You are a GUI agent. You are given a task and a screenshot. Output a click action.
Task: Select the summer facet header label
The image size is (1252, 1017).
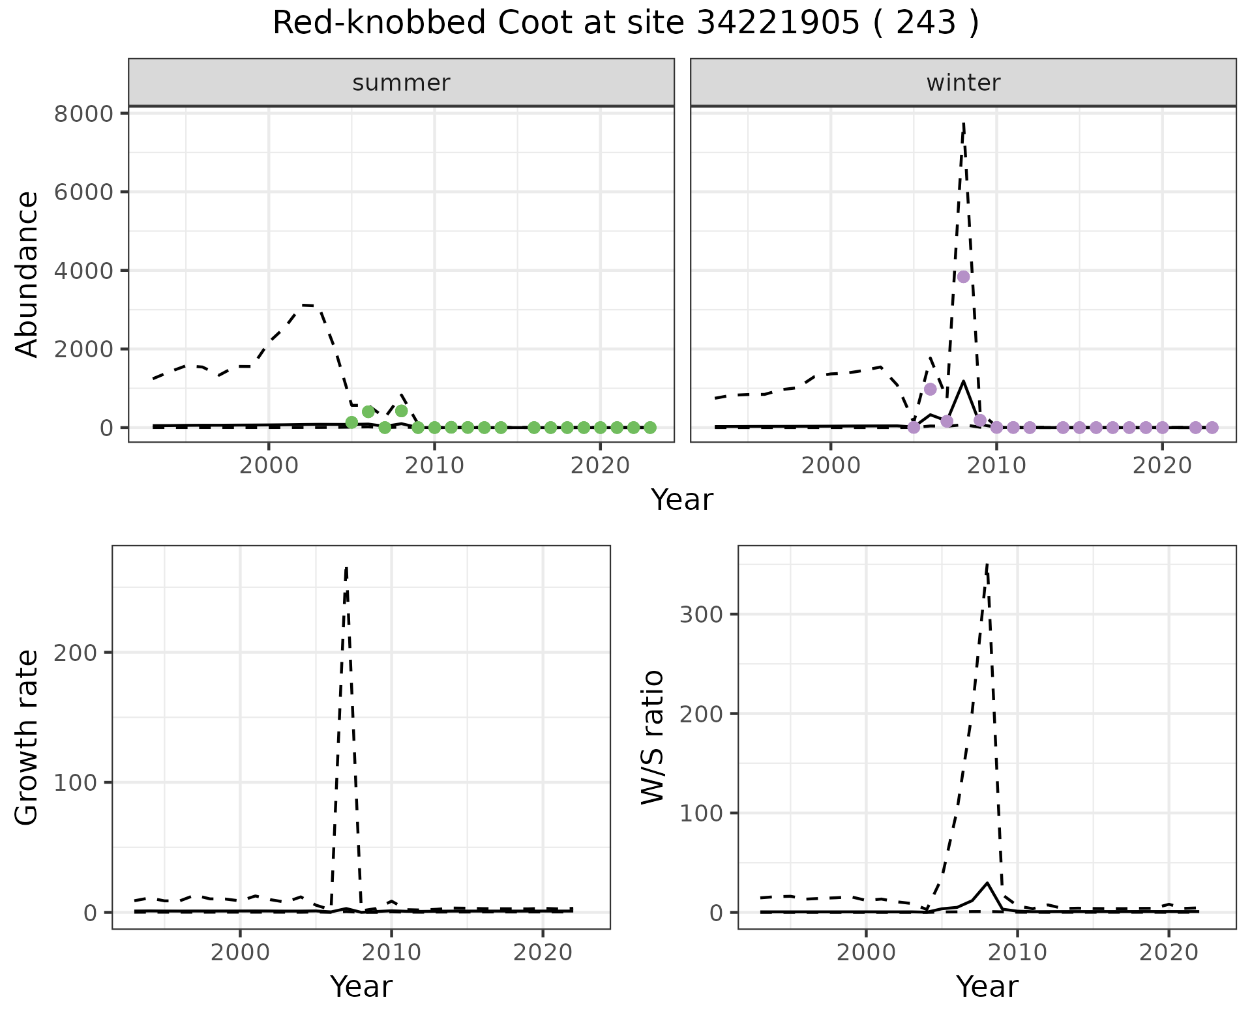coord(401,83)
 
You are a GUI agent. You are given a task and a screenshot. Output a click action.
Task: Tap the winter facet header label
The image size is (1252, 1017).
coord(963,83)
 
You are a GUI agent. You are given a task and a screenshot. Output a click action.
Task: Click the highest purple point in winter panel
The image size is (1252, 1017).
coord(963,276)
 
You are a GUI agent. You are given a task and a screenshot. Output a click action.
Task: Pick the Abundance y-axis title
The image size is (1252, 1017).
coord(27,274)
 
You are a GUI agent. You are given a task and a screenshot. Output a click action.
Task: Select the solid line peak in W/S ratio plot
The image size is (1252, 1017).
coord(987,883)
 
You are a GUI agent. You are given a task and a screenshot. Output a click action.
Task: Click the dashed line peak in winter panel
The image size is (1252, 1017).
coord(963,123)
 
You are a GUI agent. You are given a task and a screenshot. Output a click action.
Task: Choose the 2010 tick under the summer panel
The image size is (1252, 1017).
coord(434,466)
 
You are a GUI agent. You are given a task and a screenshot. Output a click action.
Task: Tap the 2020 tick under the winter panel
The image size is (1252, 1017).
coord(1161,466)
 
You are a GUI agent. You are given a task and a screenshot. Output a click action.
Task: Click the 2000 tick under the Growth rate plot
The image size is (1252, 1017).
coord(240,952)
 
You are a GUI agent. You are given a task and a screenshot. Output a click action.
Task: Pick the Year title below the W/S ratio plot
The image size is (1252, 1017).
coord(987,986)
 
